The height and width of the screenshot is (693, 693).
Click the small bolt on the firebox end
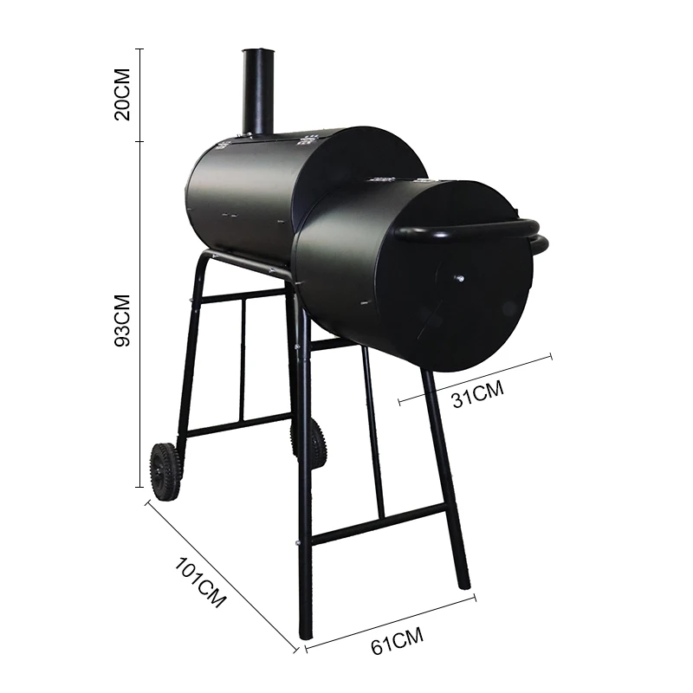(458, 278)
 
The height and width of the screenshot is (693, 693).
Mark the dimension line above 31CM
(475, 377)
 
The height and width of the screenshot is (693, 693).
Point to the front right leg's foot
(464, 582)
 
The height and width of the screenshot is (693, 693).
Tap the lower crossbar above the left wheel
(238, 425)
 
